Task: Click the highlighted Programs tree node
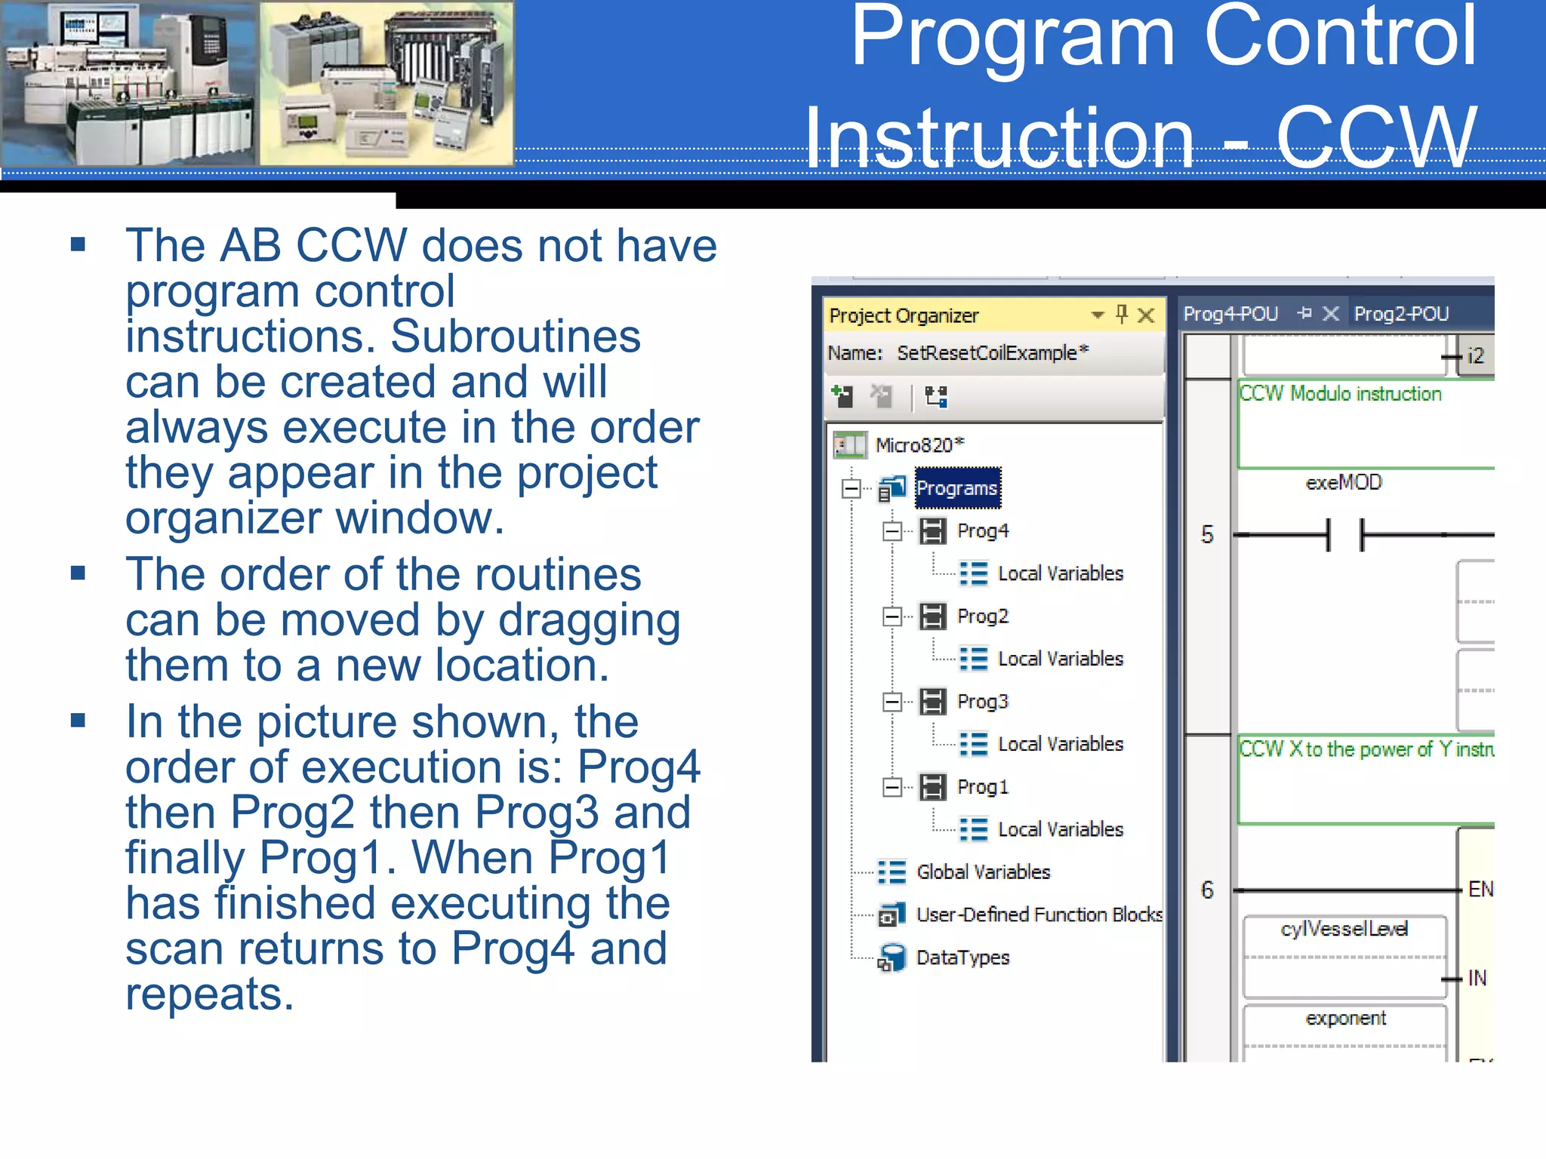956,488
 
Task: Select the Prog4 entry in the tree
982,531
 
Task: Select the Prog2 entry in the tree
982,616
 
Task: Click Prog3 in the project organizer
982,702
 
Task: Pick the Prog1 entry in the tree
982,787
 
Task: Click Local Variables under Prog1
1060,829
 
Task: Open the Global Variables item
983,872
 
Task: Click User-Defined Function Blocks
1039,915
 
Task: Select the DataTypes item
962,958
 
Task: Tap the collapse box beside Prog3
892,702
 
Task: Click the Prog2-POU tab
1401,314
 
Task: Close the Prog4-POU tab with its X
1331,313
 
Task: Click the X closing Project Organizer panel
1146,315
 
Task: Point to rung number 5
1207,534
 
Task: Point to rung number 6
1207,890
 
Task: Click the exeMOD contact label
1344,482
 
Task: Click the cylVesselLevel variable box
1344,930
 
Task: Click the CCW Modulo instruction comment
1341,394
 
